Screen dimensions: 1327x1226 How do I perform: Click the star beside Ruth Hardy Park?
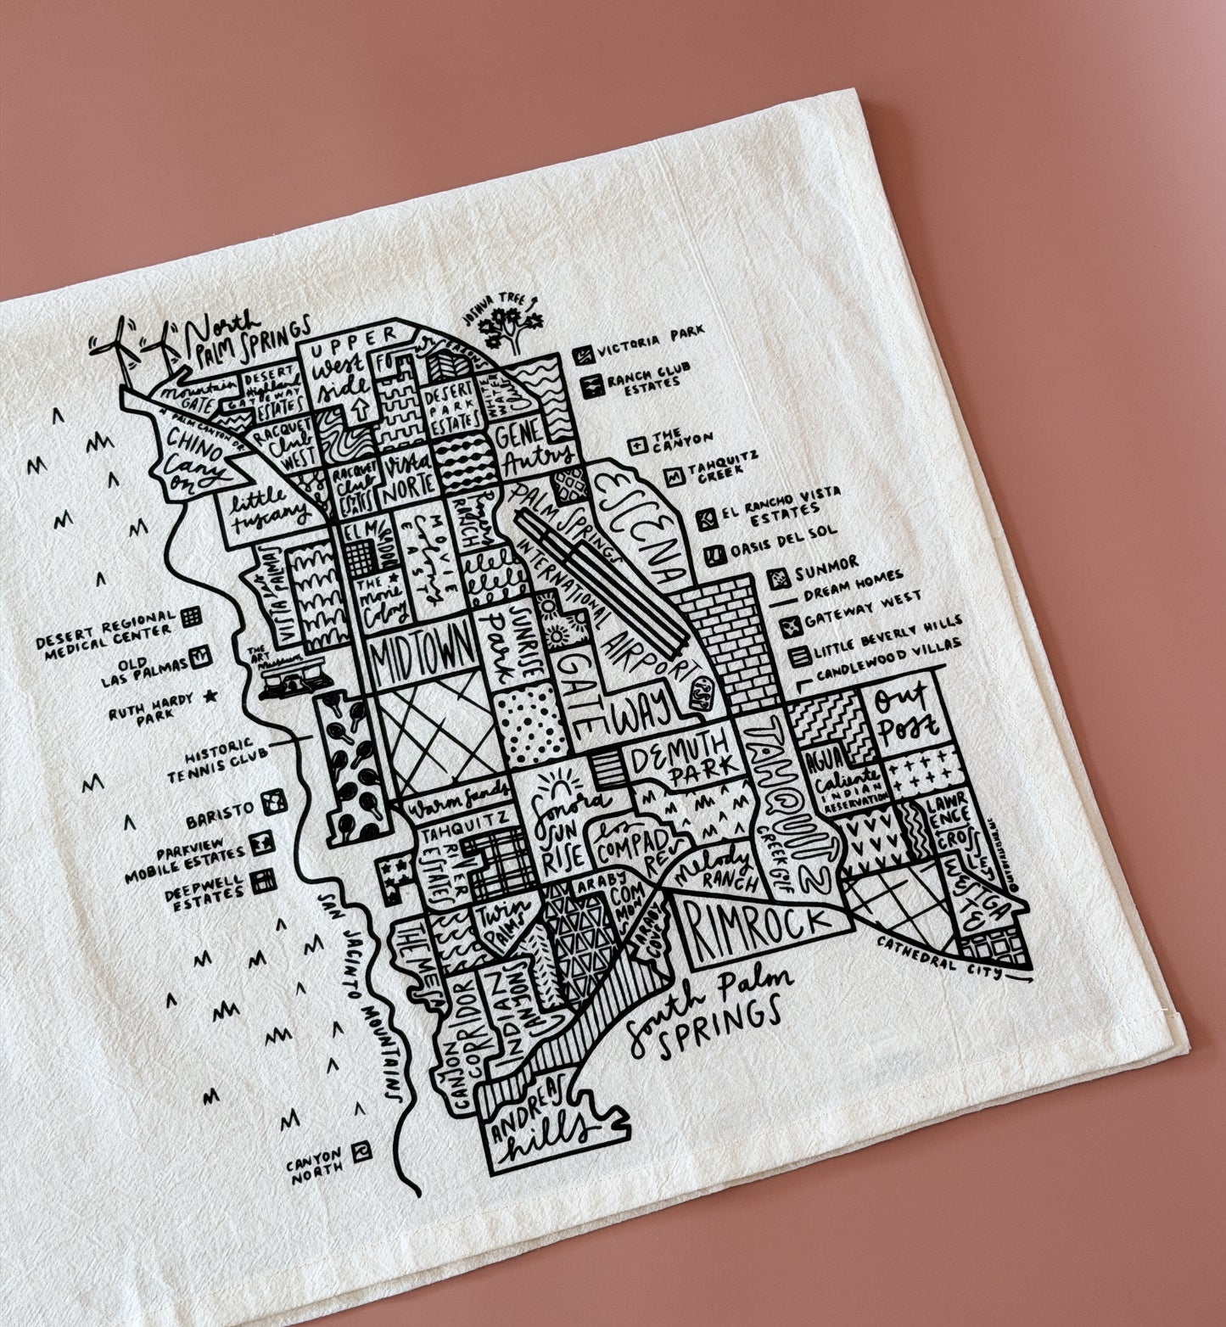[211, 697]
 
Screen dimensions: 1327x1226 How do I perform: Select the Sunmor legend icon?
[778, 579]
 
